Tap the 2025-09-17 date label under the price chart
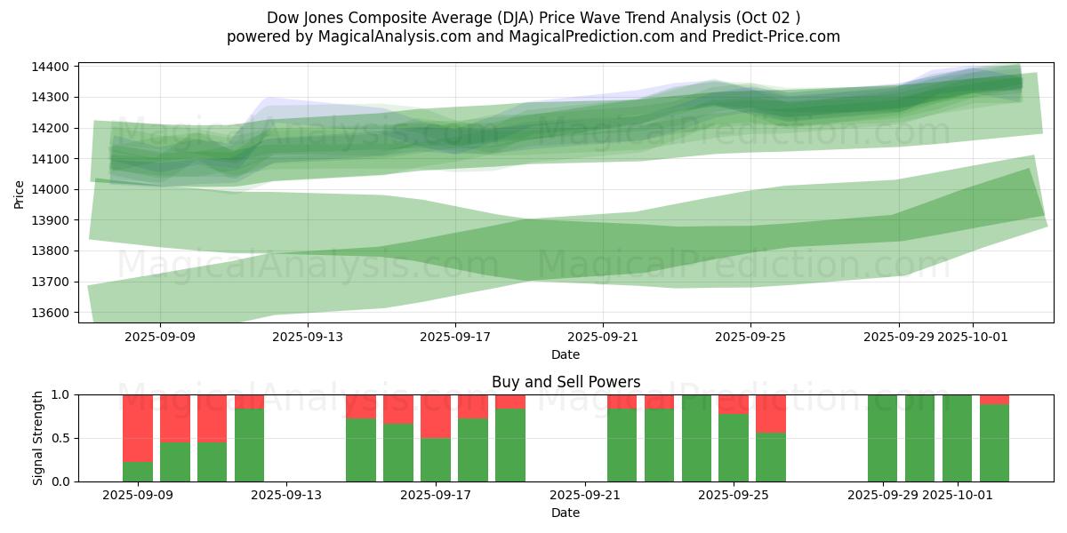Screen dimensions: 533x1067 click(455, 337)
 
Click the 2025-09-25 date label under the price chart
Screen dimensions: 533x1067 click(750, 337)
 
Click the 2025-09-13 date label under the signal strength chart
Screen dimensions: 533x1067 click(287, 496)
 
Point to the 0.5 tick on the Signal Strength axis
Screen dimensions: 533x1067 click(61, 438)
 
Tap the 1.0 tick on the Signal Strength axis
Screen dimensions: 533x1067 click(61, 394)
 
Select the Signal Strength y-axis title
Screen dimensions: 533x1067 click(37, 438)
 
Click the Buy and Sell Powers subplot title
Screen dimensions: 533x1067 click(566, 382)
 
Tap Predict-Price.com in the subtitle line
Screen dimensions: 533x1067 click(777, 36)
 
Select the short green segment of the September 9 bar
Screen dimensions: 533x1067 click(138, 472)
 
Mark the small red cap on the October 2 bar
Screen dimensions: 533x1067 click(994, 399)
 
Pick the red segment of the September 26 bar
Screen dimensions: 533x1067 click(771, 413)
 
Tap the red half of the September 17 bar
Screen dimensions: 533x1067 click(436, 416)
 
